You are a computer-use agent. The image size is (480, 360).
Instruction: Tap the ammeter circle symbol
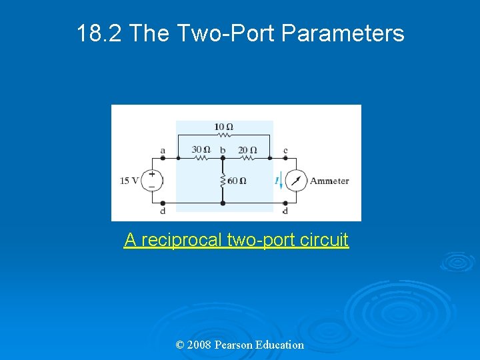click(297, 181)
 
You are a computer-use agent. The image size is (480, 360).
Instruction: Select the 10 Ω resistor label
click(223, 127)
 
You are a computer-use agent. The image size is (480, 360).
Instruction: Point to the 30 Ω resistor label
click(201, 149)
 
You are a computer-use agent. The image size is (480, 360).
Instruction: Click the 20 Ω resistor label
click(247, 149)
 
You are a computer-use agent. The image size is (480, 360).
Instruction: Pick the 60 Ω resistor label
click(237, 181)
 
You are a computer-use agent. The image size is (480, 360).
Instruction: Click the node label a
click(163, 150)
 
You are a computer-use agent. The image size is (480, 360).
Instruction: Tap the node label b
click(223, 150)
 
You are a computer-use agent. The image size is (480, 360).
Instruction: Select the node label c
click(285, 150)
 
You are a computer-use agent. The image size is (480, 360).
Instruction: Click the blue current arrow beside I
click(282, 181)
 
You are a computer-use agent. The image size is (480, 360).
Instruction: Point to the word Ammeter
click(329, 181)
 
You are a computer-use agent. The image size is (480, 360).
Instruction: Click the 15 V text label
click(129, 181)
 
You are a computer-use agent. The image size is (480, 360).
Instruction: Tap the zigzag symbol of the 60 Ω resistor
click(223, 180)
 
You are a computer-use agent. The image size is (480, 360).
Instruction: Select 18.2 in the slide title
click(99, 33)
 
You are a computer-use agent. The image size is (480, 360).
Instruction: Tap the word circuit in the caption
click(326, 240)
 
